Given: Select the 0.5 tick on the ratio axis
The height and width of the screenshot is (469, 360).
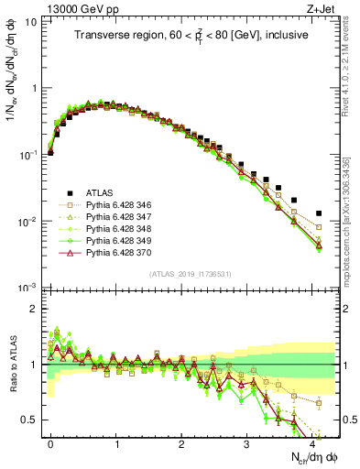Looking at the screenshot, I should [x=28, y=420].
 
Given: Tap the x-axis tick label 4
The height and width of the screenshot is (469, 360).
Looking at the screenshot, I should [x=311, y=442].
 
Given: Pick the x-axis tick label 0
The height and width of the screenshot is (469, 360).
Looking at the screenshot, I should [x=50, y=442].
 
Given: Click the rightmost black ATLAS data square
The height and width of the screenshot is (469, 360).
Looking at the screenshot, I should [x=319, y=213].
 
